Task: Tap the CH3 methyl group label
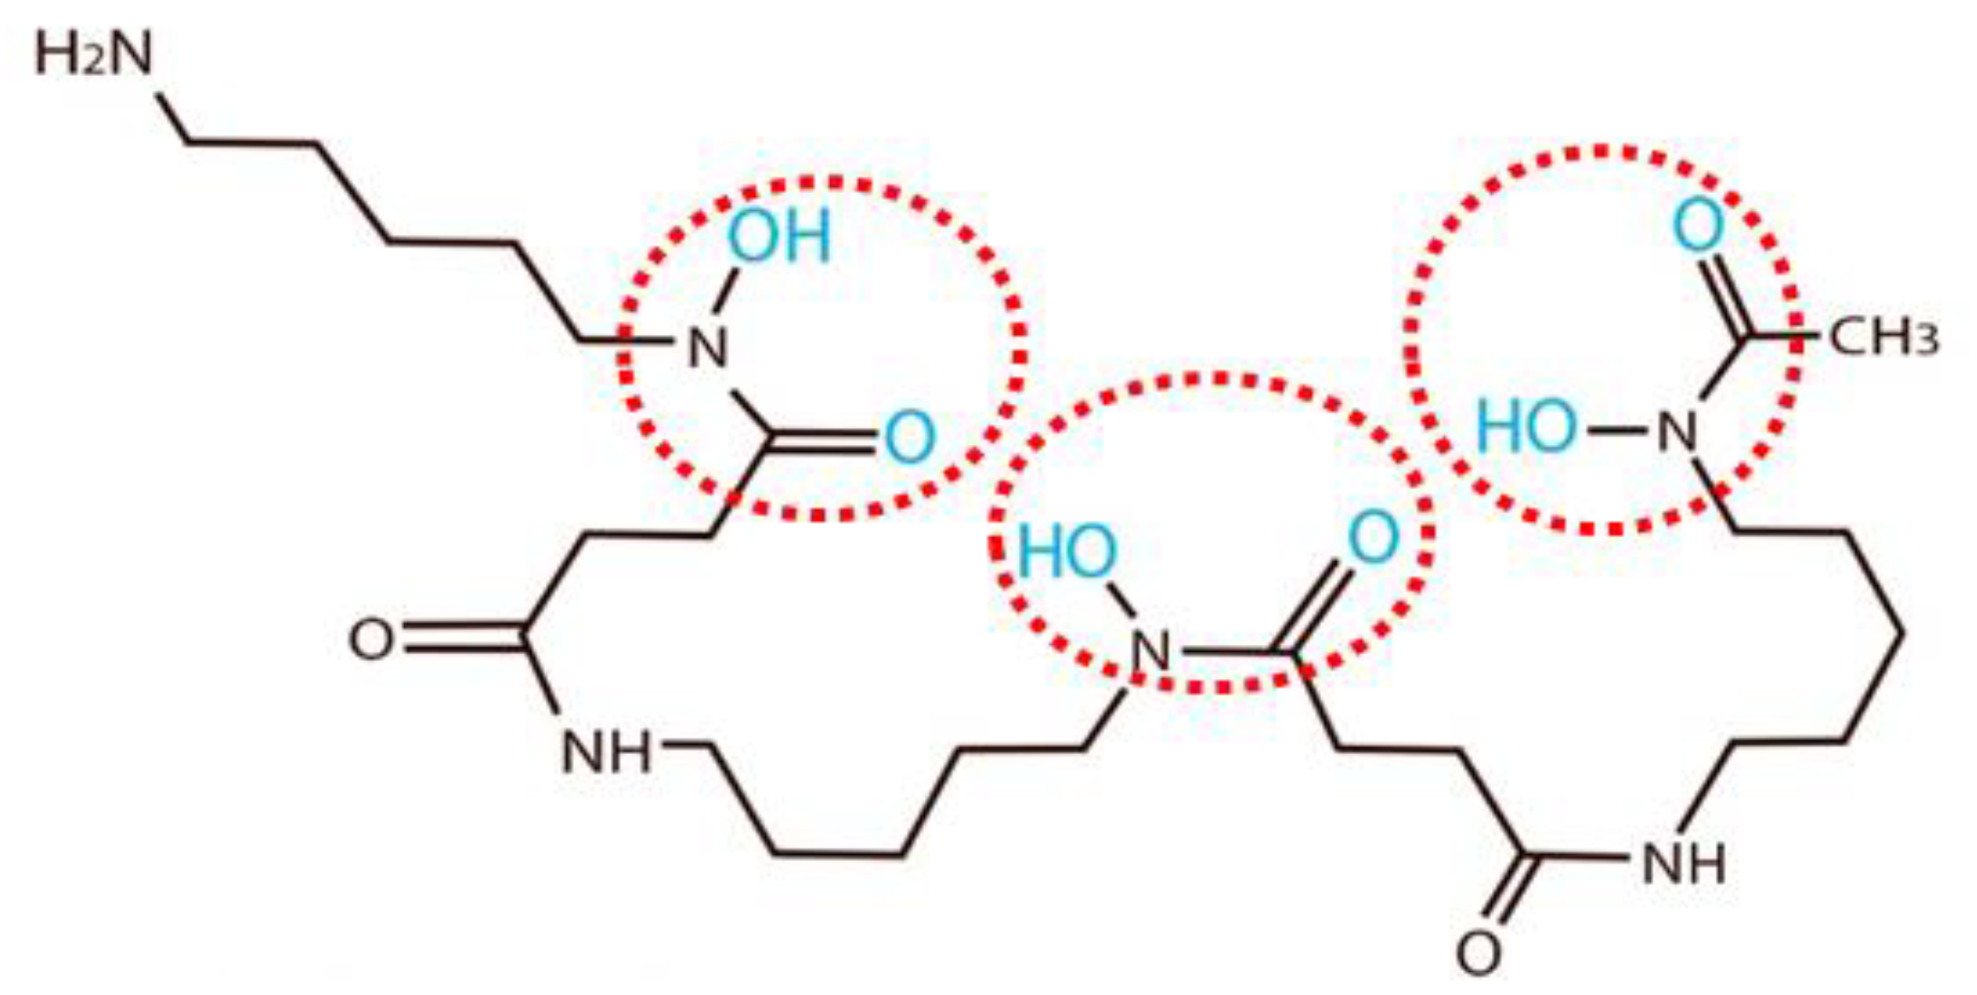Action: pyautogui.click(x=1882, y=337)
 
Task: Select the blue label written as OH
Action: pyautogui.click(x=778, y=236)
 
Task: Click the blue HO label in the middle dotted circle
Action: pyautogui.click(x=1067, y=552)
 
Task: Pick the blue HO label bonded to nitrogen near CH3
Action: pyautogui.click(x=1526, y=427)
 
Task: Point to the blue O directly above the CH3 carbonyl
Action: pyautogui.click(x=1698, y=225)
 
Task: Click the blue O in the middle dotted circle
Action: pyautogui.click(x=1373, y=538)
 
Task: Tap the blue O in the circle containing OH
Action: pyautogui.click(x=909, y=437)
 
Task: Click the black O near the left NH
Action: pyautogui.click(x=371, y=640)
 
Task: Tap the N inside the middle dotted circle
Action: pyautogui.click(x=1150, y=653)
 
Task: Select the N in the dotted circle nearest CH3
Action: pyautogui.click(x=1677, y=431)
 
